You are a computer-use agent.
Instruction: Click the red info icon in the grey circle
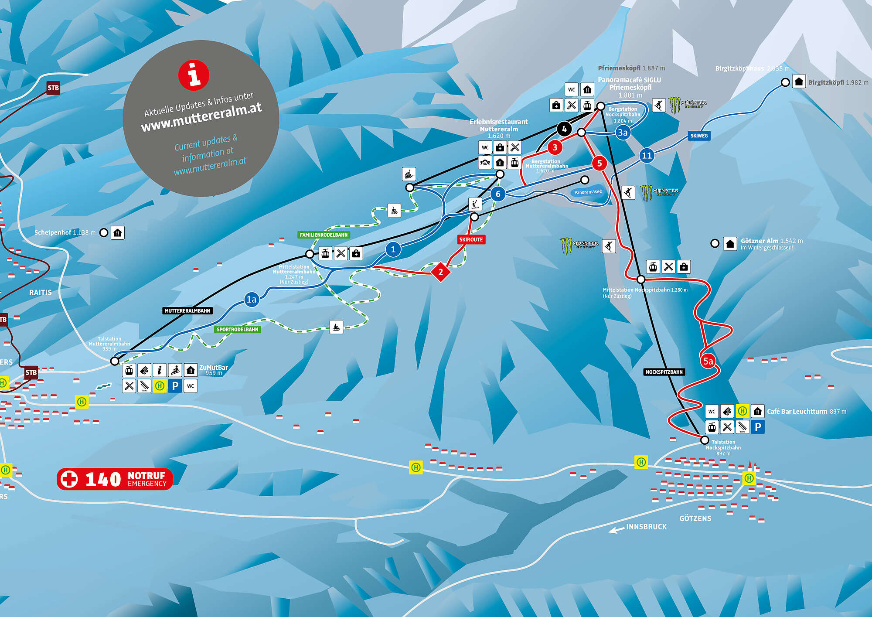coord(194,75)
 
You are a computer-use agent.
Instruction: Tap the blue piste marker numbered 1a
coord(252,299)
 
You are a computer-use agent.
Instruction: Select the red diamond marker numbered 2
coord(440,272)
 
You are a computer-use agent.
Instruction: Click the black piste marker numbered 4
coord(564,129)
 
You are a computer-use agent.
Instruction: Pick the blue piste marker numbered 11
coord(647,155)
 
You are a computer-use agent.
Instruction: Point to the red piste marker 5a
coord(708,361)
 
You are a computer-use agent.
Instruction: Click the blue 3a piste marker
coord(623,133)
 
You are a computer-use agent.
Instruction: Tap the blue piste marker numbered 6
coord(498,194)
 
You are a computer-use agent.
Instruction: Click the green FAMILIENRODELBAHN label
coord(324,235)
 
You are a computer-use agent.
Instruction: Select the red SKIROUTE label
coord(471,239)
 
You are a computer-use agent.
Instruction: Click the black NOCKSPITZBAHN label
coord(664,372)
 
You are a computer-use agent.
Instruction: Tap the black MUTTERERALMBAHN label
coord(187,310)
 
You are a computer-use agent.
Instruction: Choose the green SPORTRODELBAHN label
coord(238,329)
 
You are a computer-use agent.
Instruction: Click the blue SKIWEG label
coord(699,136)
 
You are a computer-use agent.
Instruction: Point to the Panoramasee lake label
coord(588,192)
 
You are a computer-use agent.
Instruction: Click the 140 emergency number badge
coord(115,479)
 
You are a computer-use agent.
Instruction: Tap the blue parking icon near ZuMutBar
coord(175,386)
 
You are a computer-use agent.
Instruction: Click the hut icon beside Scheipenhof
coord(117,233)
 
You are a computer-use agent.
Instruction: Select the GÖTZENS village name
coord(695,518)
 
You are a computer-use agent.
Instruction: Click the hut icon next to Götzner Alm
coord(730,243)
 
